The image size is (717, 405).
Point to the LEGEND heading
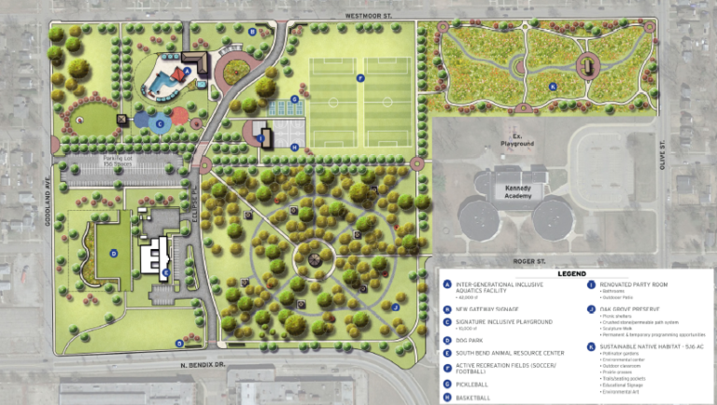571,274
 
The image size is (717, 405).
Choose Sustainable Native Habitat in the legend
641,346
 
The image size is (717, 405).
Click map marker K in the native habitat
553,87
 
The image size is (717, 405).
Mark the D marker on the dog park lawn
113,253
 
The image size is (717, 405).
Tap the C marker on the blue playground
160,121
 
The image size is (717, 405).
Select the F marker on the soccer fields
359,78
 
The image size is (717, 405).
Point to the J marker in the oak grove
396,306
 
